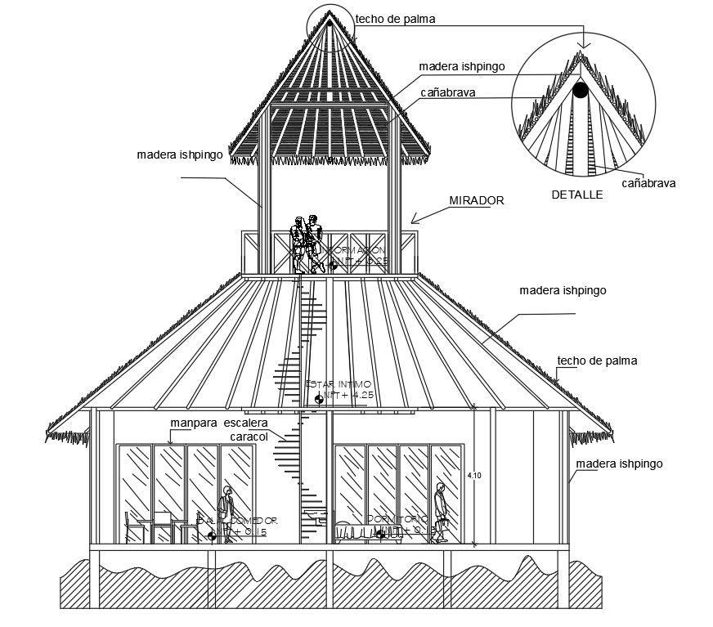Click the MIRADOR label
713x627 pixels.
[476, 200]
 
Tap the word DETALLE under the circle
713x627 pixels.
[576, 195]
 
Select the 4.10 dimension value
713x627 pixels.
[473, 474]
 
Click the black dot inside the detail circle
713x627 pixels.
[580, 91]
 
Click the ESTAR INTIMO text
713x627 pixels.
[338, 383]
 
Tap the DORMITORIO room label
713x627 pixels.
[397, 519]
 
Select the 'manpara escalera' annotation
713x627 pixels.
[218, 423]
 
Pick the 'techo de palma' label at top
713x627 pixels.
[395, 19]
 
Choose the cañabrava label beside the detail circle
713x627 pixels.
[648, 183]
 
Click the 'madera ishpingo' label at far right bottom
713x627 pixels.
[619, 464]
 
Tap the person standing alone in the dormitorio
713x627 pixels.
[441, 512]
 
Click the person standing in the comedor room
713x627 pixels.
[226, 513]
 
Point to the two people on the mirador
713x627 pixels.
[306, 243]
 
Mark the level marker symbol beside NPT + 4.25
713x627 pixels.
[318, 399]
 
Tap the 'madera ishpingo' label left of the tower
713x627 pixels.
[180, 154]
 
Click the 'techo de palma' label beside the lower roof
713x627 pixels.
[597, 361]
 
